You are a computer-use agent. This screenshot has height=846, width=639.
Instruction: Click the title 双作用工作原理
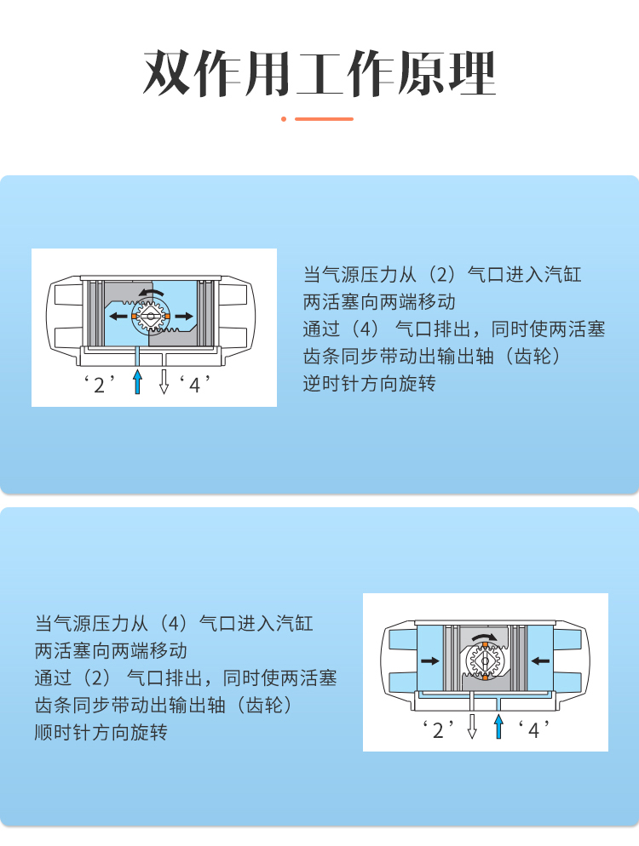pyautogui.click(x=319, y=73)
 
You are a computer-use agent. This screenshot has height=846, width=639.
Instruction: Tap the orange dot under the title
pyautogui.click(x=284, y=118)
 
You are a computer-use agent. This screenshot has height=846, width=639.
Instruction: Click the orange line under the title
pyautogui.click(x=324, y=118)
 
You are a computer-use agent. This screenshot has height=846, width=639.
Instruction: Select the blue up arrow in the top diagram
pyautogui.click(x=138, y=381)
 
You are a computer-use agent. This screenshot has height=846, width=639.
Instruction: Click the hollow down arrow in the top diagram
pyautogui.click(x=164, y=381)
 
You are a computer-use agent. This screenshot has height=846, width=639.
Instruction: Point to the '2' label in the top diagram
pyautogui.click(x=100, y=384)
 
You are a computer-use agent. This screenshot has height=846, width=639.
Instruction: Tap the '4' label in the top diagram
pyautogui.click(x=194, y=384)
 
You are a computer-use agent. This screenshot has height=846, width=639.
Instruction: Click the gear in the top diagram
pyautogui.click(x=150, y=316)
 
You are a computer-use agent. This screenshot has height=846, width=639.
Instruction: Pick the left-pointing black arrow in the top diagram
pyautogui.click(x=118, y=316)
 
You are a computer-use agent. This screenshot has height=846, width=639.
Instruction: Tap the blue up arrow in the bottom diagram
pyautogui.click(x=498, y=726)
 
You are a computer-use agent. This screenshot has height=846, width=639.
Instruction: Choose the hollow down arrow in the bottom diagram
pyautogui.click(x=472, y=726)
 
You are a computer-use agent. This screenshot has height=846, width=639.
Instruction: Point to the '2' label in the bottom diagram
pyautogui.click(x=438, y=729)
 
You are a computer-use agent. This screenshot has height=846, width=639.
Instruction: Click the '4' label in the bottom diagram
pyautogui.click(x=533, y=729)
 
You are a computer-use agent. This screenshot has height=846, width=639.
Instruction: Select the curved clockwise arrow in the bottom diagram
pyautogui.click(x=485, y=636)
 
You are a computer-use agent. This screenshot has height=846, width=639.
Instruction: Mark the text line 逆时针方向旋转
pyautogui.click(x=370, y=384)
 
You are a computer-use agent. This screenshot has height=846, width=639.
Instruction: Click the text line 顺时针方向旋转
pyautogui.click(x=101, y=732)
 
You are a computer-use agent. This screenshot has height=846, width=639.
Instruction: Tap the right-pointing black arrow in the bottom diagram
pyautogui.click(x=430, y=661)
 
